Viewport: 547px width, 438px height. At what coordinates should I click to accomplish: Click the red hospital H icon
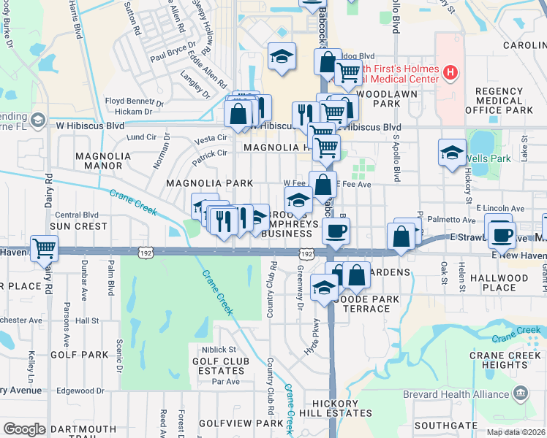[x=450, y=73]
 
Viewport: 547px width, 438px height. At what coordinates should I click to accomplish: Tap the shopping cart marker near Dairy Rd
[x=45, y=249]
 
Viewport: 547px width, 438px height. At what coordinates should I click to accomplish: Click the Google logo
[x=24, y=429]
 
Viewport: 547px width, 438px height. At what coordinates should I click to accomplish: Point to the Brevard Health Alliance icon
[x=520, y=394]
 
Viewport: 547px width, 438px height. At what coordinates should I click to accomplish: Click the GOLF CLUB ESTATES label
[x=221, y=366]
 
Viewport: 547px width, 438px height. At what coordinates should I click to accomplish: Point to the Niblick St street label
[x=214, y=350]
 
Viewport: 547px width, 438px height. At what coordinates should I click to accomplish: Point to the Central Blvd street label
[x=77, y=215]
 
